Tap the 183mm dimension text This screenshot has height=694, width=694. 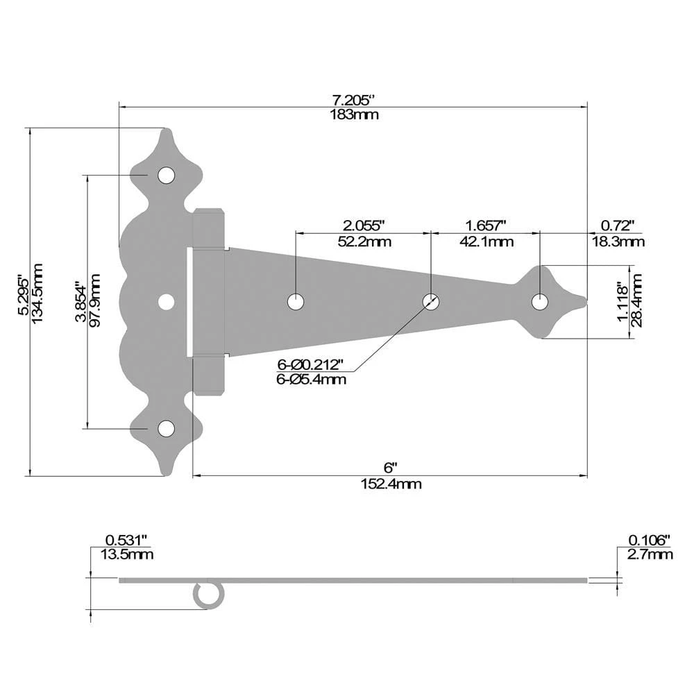(x=354, y=115)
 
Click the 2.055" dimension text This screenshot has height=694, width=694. (x=363, y=225)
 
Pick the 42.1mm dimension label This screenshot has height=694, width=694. (x=486, y=242)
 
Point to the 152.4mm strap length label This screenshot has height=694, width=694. (x=391, y=484)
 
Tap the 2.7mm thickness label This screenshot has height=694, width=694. (x=650, y=554)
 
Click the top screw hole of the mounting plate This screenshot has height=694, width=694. (x=166, y=176)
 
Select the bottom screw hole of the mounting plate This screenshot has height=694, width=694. (x=166, y=429)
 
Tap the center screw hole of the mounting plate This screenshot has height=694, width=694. (x=166, y=302)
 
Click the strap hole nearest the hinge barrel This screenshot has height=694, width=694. (x=296, y=302)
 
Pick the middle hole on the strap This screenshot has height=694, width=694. (x=431, y=302)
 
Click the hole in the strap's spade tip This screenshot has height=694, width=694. (x=539, y=302)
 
